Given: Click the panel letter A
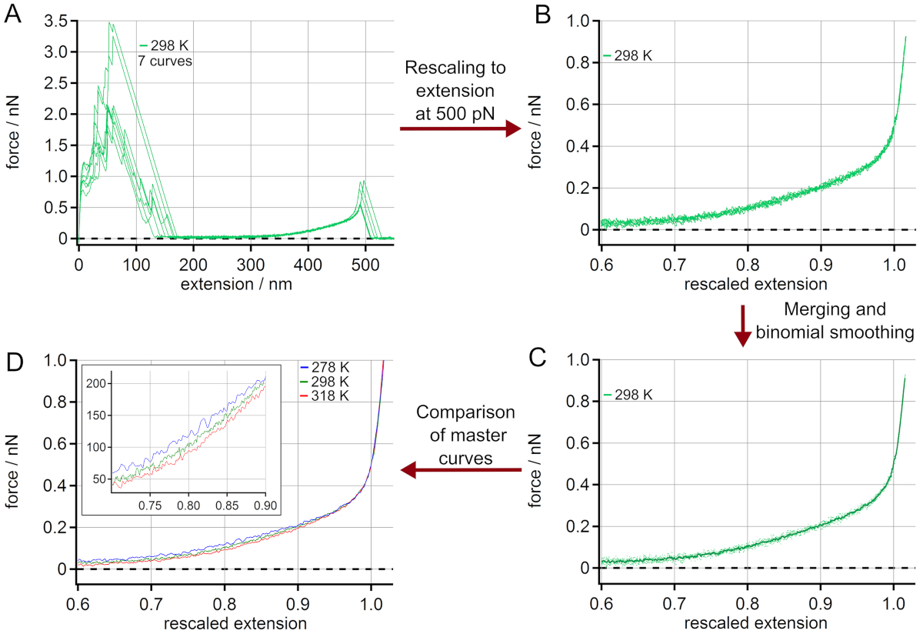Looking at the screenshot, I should click(x=13, y=14).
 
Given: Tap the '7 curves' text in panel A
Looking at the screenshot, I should click(x=165, y=60).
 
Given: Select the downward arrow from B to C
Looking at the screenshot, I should click(x=743, y=327).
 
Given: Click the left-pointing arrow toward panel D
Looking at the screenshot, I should click(x=460, y=470).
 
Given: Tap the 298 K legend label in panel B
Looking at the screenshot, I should click(x=632, y=55).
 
